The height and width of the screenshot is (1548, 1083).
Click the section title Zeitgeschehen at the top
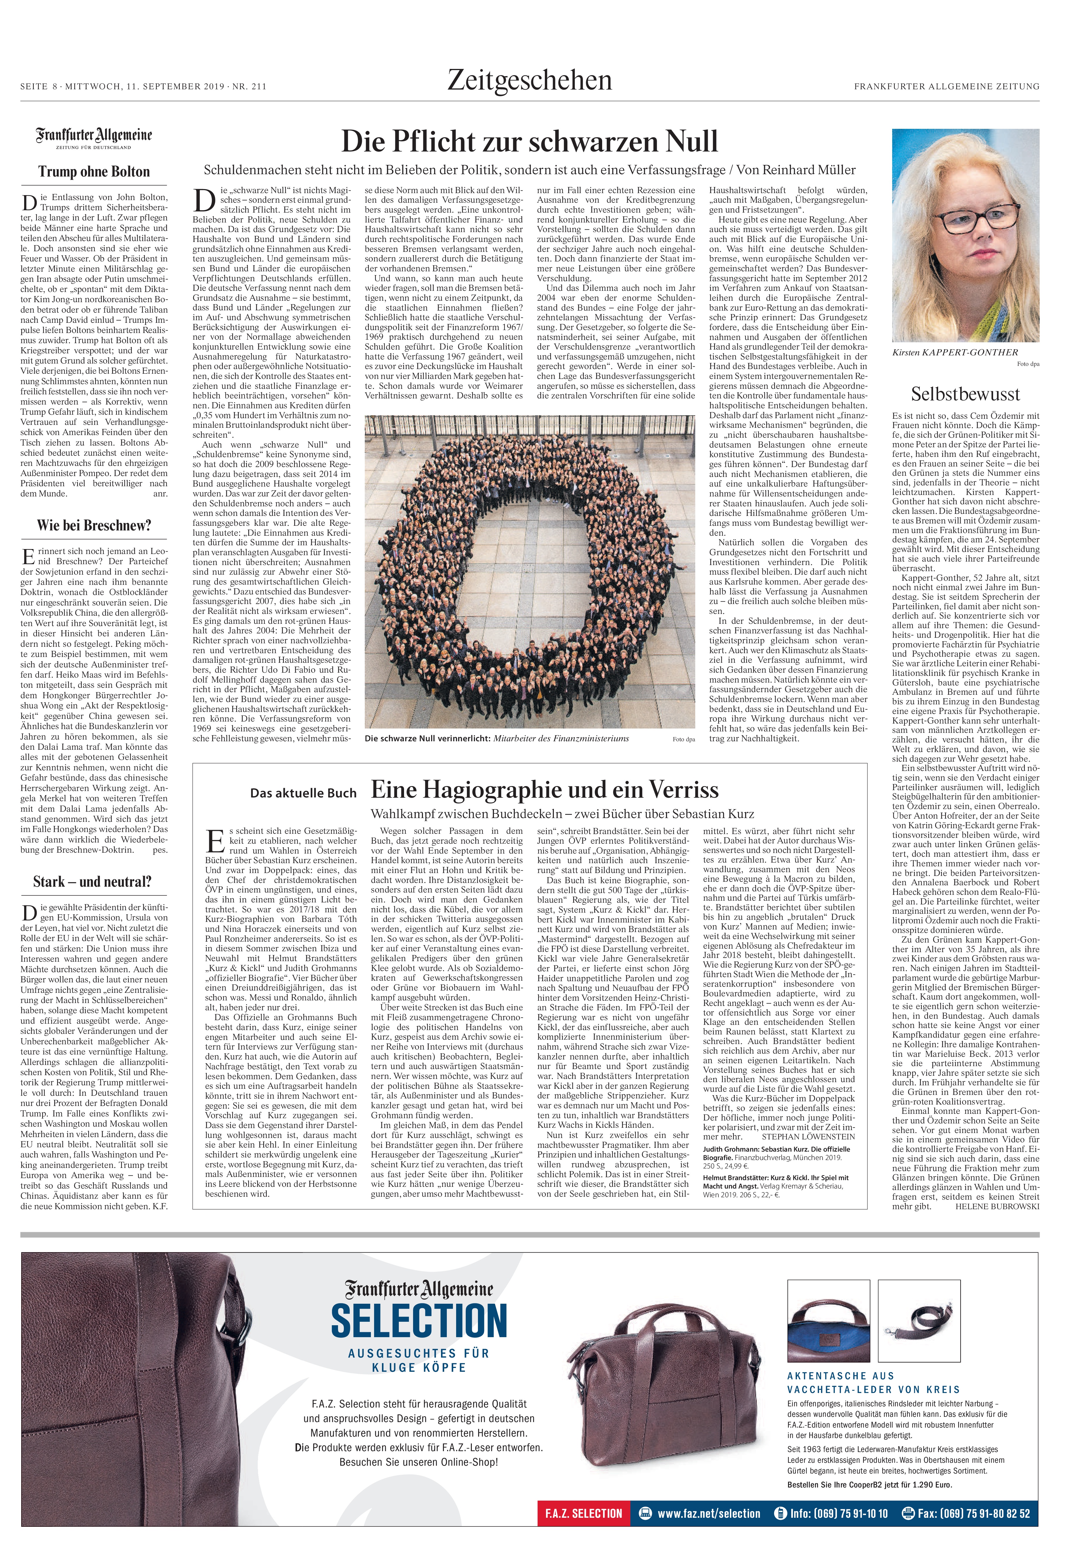[529, 81]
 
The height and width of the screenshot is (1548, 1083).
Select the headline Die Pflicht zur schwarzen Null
[529, 142]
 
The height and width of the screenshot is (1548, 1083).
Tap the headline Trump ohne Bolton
[94, 171]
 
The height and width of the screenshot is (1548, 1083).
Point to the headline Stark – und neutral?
[93, 881]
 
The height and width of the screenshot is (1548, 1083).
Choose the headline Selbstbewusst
[965, 394]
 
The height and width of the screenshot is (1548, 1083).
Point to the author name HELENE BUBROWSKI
[997, 1206]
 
